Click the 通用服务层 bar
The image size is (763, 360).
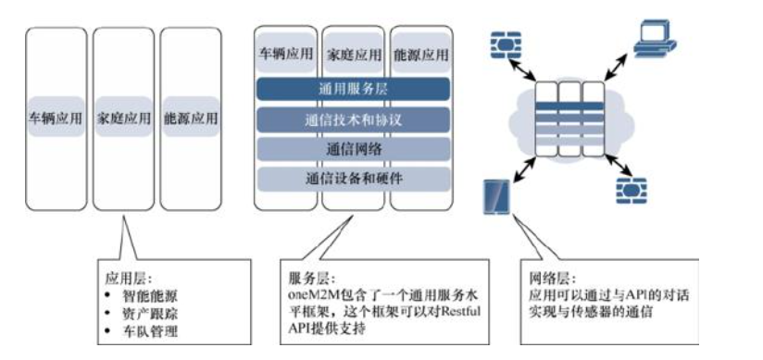click(x=352, y=89)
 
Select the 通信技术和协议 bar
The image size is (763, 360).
click(x=352, y=119)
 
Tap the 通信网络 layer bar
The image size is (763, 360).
click(x=352, y=148)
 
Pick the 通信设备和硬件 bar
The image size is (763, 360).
click(x=352, y=177)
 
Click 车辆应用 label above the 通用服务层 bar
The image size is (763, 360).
click(x=284, y=55)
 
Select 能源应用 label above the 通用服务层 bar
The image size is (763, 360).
click(x=419, y=55)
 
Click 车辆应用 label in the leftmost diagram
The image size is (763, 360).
click(x=56, y=119)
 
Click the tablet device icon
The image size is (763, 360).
click(x=495, y=196)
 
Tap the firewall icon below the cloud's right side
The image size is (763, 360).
click(x=627, y=188)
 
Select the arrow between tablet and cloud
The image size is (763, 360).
click(x=523, y=168)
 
